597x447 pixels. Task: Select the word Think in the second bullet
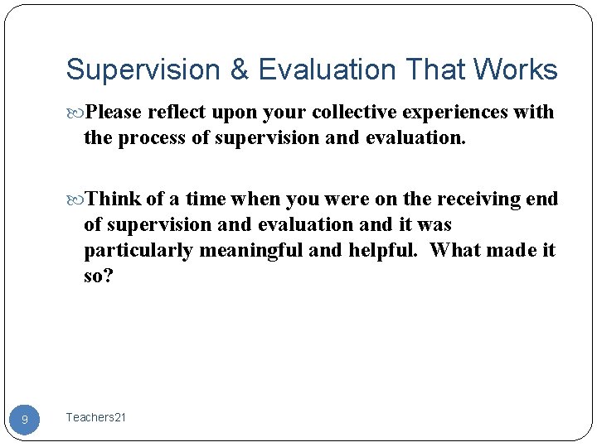(x=114, y=199)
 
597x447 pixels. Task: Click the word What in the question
(x=460, y=250)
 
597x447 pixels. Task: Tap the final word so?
(x=98, y=275)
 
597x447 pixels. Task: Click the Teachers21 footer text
(x=96, y=418)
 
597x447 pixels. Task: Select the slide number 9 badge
(x=25, y=420)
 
